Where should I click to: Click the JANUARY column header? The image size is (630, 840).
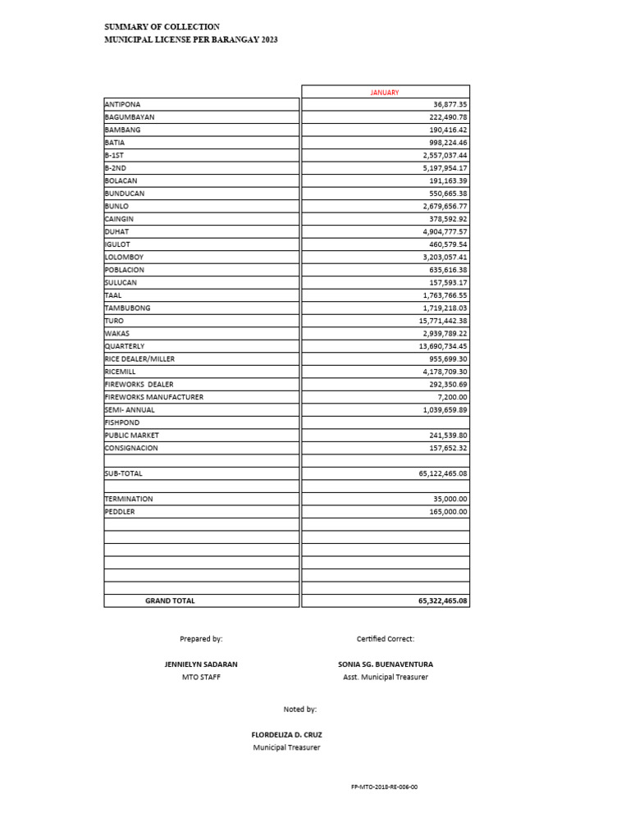pyautogui.click(x=385, y=93)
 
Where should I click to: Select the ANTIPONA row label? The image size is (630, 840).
pyautogui.click(x=123, y=104)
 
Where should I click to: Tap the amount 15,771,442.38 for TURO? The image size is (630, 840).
pyautogui.click(x=442, y=321)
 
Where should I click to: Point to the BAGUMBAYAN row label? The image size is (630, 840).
pyautogui.click(x=130, y=117)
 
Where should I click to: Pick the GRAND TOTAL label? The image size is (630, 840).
pyautogui.click(x=170, y=601)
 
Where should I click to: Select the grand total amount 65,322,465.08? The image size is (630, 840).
pyautogui.click(x=442, y=601)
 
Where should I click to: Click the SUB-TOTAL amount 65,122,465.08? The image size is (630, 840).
pyautogui.click(x=442, y=474)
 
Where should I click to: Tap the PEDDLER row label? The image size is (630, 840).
pyautogui.click(x=120, y=512)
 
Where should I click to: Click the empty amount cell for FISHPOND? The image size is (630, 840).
pyautogui.click(x=386, y=422)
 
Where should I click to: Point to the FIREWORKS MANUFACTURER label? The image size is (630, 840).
pyautogui.click(x=154, y=397)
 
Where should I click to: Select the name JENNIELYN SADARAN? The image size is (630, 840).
pyautogui.click(x=201, y=664)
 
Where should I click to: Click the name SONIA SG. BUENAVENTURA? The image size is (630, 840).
pyautogui.click(x=386, y=664)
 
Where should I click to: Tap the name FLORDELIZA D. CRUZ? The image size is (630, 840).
pyautogui.click(x=286, y=735)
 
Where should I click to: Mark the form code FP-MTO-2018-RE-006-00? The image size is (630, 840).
pyautogui.click(x=384, y=787)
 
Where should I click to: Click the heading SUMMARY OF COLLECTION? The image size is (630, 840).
pyautogui.click(x=162, y=27)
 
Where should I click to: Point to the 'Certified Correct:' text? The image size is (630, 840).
pyautogui.click(x=386, y=638)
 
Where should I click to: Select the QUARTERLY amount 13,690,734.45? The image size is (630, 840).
pyautogui.click(x=442, y=346)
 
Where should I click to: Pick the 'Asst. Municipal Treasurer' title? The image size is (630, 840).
pyautogui.click(x=386, y=678)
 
